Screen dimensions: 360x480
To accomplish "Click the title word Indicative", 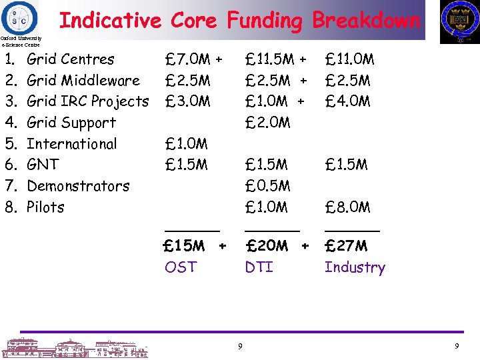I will (110, 21).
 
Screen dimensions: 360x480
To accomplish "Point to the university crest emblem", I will (459, 21).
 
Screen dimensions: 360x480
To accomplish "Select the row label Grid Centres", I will (70, 59).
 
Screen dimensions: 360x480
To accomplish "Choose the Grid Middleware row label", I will (83, 81).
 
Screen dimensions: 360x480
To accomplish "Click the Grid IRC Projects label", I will (87, 101).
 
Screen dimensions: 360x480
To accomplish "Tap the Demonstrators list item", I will (77, 186).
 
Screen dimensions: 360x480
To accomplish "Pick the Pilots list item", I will (45, 207).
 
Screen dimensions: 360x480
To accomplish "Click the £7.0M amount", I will (187, 59).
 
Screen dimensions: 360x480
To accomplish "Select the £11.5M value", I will (270, 59).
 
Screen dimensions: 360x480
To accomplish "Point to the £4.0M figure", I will (347, 101).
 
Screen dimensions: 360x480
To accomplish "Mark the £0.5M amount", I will (267, 186).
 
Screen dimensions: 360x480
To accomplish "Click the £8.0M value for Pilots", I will (347, 207).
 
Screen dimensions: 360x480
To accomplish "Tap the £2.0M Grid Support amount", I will (267, 123).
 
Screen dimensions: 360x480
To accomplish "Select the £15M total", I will (185, 246).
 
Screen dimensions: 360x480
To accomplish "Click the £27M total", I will (345, 246).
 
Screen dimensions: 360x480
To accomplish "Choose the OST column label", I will (181, 267).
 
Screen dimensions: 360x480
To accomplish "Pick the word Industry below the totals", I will (355, 267).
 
